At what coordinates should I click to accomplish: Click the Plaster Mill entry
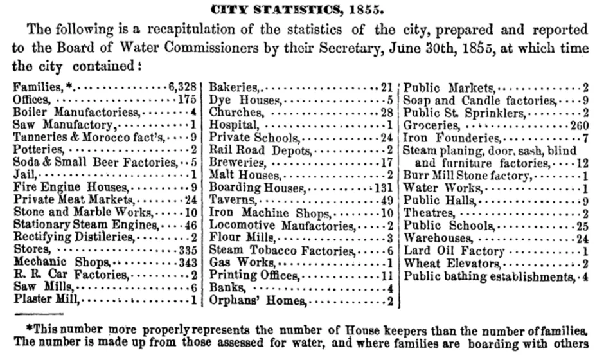(x=46, y=299)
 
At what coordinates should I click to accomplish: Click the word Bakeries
(x=234, y=87)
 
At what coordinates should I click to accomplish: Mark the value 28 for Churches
(x=386, y=112)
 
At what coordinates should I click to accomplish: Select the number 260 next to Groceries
(x=580, y=124)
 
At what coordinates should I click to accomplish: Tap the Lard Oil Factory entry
(x=454, y=251)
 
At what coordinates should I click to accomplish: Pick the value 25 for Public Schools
(x=583, y=226)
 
